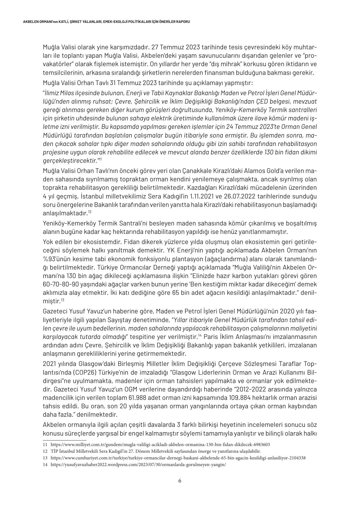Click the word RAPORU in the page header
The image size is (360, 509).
[184, 22]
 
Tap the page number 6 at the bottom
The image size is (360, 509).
[180, 481]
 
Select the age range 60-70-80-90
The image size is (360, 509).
[64, 284]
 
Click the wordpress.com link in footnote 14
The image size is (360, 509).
[138, 464]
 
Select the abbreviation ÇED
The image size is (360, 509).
[270, 101]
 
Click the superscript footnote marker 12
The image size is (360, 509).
[90, 212]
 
